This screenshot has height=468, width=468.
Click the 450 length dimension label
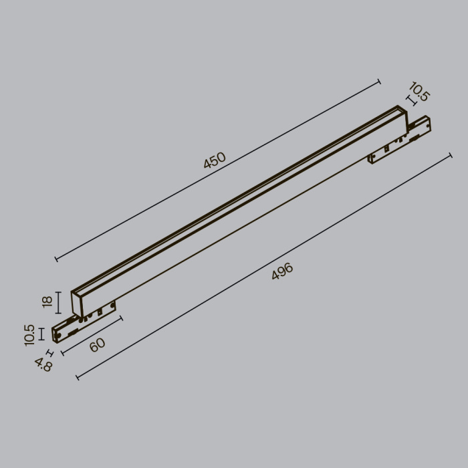[x=215, y=163]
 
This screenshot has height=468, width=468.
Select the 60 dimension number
[x=98, y=345]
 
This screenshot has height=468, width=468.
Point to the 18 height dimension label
[x=47, y=302]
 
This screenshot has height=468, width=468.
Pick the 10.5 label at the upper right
[x=419, y=92]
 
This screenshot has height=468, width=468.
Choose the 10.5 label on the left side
[x=29, y=334]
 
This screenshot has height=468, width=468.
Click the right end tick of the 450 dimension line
[x=379, y=82]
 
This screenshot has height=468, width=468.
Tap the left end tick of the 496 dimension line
[x=78, y=378]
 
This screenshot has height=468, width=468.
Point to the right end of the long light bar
[x=401, y=116]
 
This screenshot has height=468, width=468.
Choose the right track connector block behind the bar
[x=401, y=141]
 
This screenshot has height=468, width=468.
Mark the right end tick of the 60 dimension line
[x=122, y=319]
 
